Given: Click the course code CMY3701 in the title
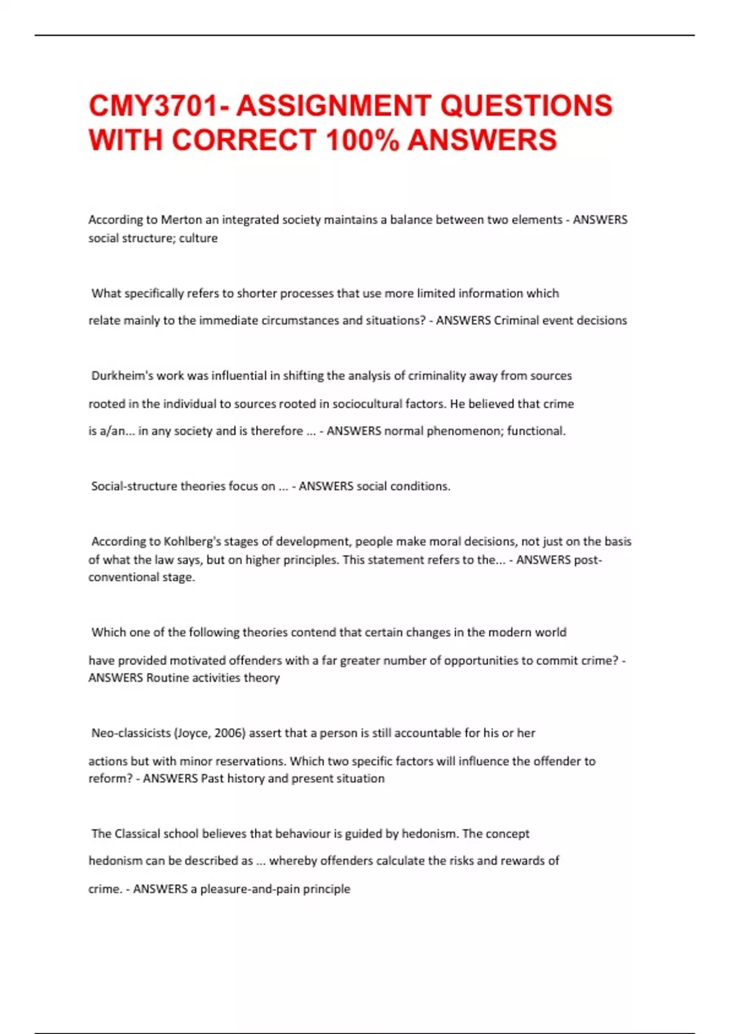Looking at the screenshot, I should [152, 105].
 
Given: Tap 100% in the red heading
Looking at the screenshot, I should [363, 140].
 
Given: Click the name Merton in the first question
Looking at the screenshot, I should [181, 220].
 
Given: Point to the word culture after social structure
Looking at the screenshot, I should [198, 238].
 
